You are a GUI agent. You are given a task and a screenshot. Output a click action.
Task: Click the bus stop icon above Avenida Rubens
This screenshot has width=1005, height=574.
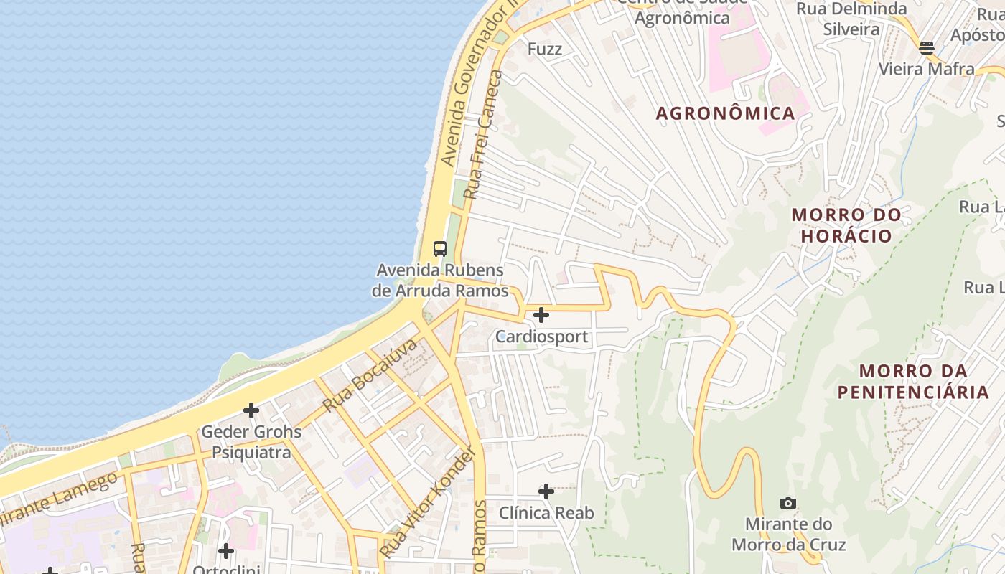point(440,249)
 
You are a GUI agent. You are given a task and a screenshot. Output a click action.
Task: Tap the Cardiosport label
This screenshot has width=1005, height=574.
point(542,337)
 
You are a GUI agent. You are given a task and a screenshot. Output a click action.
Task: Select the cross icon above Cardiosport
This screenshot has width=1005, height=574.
point(541,314)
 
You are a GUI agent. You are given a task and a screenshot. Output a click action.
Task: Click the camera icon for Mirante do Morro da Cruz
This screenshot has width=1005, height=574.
point(788,503)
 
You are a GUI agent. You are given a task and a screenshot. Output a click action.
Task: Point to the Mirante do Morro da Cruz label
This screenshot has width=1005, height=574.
point(788,534)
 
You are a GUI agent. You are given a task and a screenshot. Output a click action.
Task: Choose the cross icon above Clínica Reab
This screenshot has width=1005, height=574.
point(546,491)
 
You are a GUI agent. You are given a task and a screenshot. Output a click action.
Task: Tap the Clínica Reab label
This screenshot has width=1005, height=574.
point(546,513)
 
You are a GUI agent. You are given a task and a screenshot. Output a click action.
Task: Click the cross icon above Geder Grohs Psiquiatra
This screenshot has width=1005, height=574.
point(251,410)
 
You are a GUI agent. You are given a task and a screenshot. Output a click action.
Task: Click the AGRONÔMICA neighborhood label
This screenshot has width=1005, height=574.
point(726,113)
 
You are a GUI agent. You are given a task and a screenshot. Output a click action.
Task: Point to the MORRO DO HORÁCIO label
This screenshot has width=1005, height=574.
point(846,225)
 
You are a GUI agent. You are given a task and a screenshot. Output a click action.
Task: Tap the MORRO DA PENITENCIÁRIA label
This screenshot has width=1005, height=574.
point(913,382)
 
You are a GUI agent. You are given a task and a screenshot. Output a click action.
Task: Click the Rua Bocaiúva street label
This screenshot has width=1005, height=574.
point(370,375)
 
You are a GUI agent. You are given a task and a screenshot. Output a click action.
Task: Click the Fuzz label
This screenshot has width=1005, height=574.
point(545,49)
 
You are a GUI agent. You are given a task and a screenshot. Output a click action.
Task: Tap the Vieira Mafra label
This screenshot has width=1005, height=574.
point(927,69)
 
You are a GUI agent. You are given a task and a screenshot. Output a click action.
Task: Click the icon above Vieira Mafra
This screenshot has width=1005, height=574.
point(927,48)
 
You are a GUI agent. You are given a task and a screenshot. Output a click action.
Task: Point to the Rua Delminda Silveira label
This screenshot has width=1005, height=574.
point(851,19)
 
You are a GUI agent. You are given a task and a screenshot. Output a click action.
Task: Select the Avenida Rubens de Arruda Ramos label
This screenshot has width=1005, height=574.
point(439,281)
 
